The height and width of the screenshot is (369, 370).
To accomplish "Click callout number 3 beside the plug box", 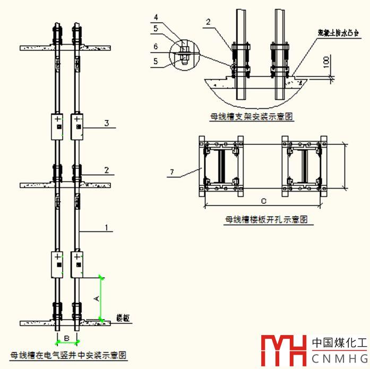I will [x=107, y=123].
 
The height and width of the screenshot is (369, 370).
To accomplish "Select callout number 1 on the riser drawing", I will [x=107, y=228].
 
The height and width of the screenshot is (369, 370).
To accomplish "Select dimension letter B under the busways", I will [x=67, y=338].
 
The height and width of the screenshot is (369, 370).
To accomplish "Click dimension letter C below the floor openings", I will [x=263, y=201].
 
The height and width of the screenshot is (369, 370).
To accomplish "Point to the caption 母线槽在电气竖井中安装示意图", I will [x=68, y=354].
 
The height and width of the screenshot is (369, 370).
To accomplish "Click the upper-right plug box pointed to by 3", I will [x=78, y=126].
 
